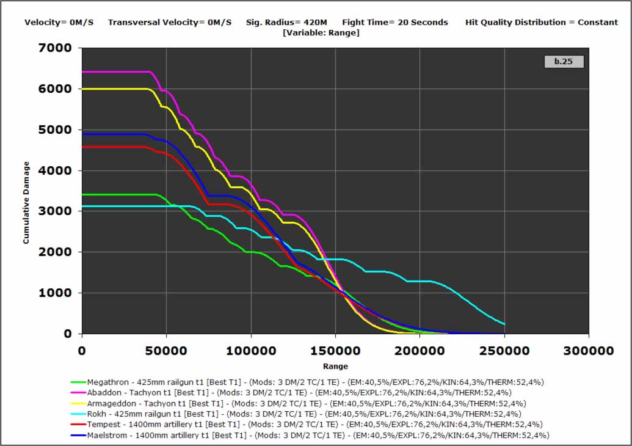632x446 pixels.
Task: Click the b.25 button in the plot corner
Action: (x=563, y=61)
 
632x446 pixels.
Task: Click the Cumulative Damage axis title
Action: (x=26, y=203)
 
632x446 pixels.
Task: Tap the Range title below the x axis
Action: (x=335, y=367)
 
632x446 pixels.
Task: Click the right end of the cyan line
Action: (x=504, y=324)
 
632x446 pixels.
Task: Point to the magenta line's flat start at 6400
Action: (x=116, y=72)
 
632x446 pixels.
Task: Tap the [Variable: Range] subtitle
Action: (x=321, y=32)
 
